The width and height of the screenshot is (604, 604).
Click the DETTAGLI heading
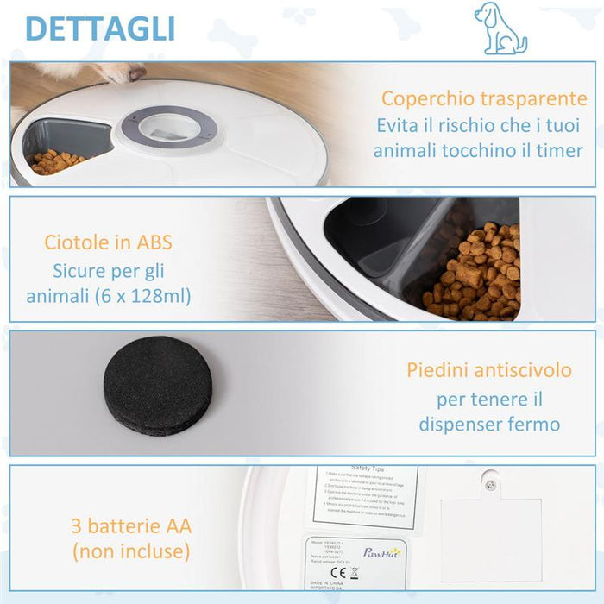click(100, 28)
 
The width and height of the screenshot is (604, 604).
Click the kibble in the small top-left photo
click(57, 161)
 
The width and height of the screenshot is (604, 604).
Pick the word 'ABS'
click(155, 242)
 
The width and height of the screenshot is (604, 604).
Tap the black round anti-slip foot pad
click(158, 385)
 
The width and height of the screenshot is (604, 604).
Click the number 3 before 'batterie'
click(76, 525)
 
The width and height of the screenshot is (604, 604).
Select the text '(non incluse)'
click(130, 551)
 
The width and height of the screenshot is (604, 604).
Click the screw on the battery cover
click(490, 485)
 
